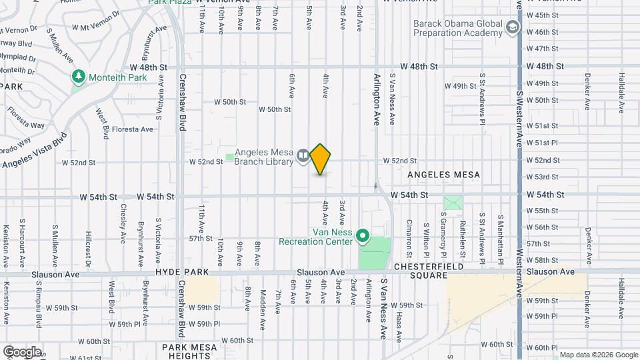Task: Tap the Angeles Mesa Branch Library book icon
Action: pyautogui.click(x=303, y=156)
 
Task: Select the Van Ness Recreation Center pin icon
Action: pyautogui.click(x=363, y=235)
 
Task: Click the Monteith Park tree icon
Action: pyautogui.click(x=79, y=77)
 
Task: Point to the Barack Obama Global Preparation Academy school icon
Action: pyautogui.click(x=512, y=27)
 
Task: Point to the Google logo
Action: pyautogui.click(x=21, y=352)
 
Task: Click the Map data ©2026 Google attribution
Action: pyautogui.click(x=599, y=355)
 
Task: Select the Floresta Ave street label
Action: pyautogui.click(x=133, y=129)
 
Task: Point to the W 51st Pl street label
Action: pyautogui.click(x=542, y=143)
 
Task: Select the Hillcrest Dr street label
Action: pyautogui.click(x=88, y=245)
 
